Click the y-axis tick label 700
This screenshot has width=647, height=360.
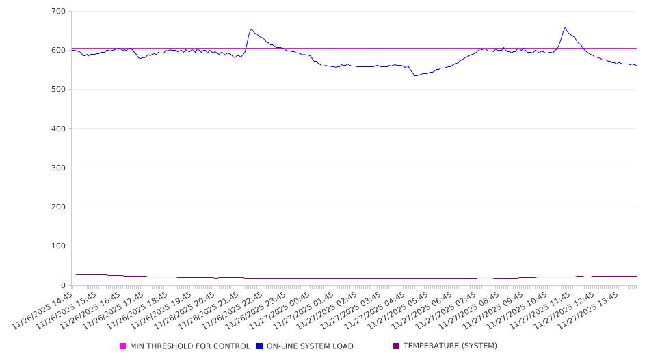(x=58, y=12)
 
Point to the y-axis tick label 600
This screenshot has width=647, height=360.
(x=58, y=51)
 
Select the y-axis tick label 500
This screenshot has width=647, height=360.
(x=58, y=90)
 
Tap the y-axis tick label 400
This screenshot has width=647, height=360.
(x=58, y=129)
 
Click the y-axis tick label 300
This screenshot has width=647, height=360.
(x=58, y=168)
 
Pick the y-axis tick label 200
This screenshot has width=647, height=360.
(x=58, y=207)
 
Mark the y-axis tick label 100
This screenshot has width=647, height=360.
(x=58, y=246)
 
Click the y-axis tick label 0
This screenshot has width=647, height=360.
(x=63, y=285)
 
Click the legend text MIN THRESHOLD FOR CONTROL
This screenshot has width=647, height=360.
(x=189, y=346)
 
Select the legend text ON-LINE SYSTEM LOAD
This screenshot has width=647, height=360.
(x=310, y=346)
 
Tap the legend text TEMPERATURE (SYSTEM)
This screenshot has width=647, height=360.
(x=450, y=346)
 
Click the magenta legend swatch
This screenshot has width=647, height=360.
(x=123, y=346)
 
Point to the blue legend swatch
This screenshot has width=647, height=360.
(x=260, y=346)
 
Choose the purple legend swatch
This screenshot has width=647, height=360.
(x=397, y=346)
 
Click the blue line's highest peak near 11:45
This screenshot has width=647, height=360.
(x=565, y=27)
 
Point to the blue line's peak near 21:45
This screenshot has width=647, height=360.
(x=250, y=29)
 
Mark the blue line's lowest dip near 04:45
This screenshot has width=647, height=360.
(x=415, y=75)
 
